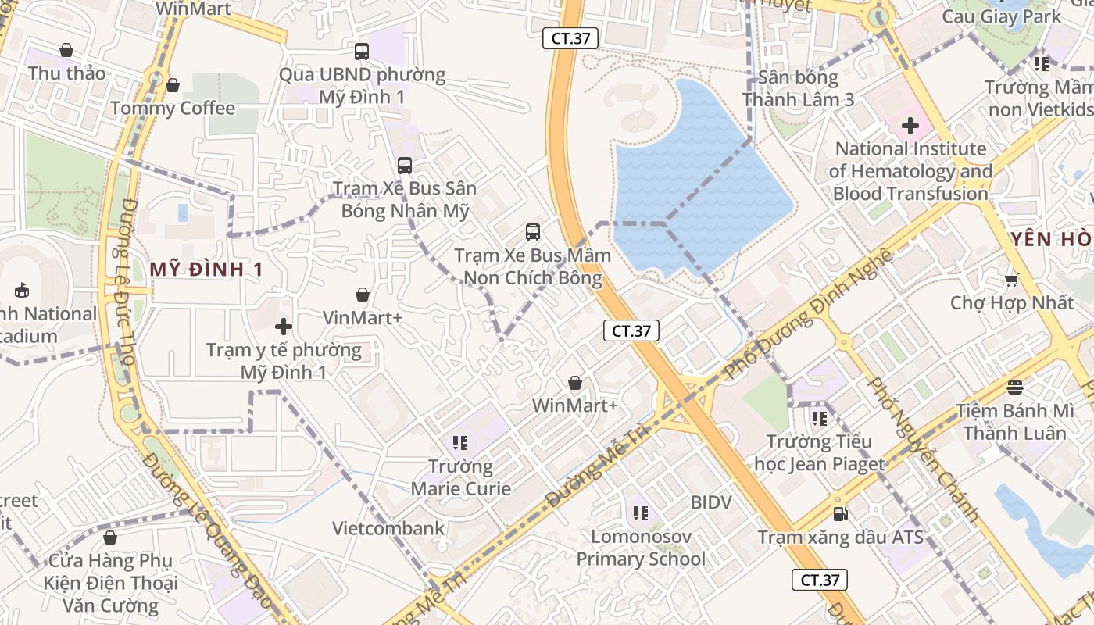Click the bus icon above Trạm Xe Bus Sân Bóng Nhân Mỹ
click(404, 166)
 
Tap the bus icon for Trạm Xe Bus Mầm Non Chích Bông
click(532, 232)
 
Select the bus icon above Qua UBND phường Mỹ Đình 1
click(361, 52)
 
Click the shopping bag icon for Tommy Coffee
click(173, 85)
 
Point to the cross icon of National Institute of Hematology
click(910, 125)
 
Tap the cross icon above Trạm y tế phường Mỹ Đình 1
click(284, 327)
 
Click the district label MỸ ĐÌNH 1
click(206, 270)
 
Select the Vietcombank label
click(388, 528)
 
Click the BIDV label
click(711, 502)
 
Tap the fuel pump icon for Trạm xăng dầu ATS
click(840, 513)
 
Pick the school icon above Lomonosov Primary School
click(641, 513)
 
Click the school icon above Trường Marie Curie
click(460, 444)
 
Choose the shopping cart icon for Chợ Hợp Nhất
click(1011, 280)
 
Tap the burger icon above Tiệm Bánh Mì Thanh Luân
click(1014, 387)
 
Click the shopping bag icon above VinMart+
click(363, 295)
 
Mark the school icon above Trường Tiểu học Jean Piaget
click(819, 419)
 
